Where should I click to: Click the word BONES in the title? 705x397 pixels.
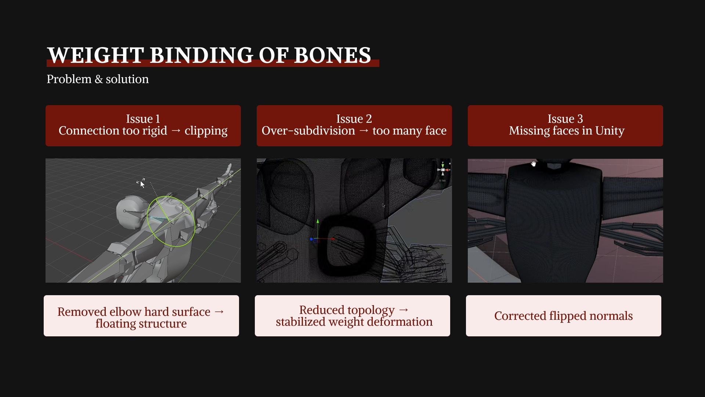[332, 55]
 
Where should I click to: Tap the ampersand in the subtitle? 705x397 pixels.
[98, 79]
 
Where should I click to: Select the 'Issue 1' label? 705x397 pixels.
[143, 119]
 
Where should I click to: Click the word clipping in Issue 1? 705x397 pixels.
[206, 131]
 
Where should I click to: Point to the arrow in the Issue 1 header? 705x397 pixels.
[176, 131]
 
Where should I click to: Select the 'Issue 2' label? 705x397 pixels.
[354, 119]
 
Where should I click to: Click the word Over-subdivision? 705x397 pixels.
[308, 130]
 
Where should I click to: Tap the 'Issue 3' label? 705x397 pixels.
[565, 119]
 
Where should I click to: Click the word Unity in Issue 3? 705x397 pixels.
[610, 131]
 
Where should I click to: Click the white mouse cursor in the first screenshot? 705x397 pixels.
[142, 184]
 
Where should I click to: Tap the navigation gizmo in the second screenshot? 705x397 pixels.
[443, 170]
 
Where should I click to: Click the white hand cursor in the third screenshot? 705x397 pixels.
[534, 164]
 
